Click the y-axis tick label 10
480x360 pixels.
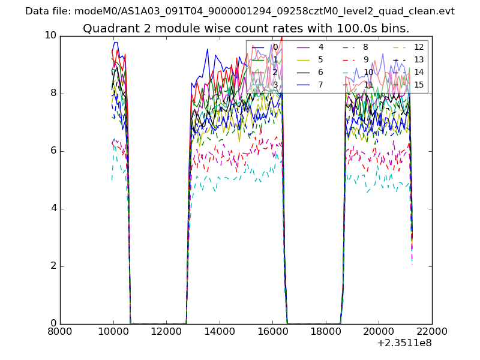click(x=50, y=35)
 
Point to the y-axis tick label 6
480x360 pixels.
click(x=53, y=151)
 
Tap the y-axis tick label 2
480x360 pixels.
click(x=53, y=266)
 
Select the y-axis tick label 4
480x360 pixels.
click(x=53, y=208)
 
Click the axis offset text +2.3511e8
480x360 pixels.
click(x=404, y=344)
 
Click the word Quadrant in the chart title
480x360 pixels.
click(x=107, y=29)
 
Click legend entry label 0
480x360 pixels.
click(x=275, y=47)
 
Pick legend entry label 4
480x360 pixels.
click(x=321, y=47)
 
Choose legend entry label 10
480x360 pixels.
click(x=368, y=72)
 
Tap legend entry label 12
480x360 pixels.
click(x=419, y=47)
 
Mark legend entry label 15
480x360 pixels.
click(x=419, y=85)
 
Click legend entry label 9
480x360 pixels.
click(x=366, y=59)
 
